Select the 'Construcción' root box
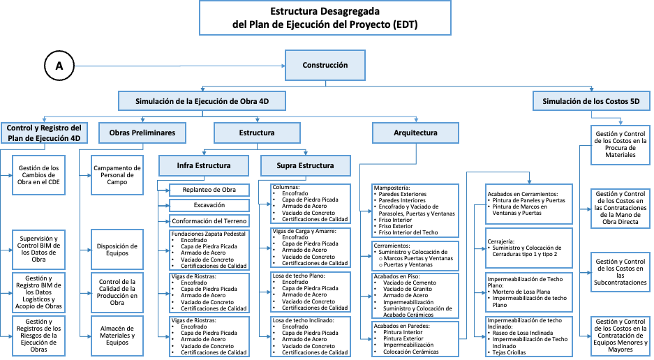(325, 66)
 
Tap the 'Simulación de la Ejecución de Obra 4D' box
(202, 101)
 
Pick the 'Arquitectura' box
(415, 132)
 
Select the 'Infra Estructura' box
(204, 165)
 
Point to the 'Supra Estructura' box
(306, 165)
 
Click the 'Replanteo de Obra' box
(209, 190)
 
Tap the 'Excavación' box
(209, 205)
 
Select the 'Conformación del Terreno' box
(209, 220)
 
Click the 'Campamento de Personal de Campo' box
(117, 174)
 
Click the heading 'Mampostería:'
(392, 188)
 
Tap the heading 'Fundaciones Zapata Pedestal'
(208, 234)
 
